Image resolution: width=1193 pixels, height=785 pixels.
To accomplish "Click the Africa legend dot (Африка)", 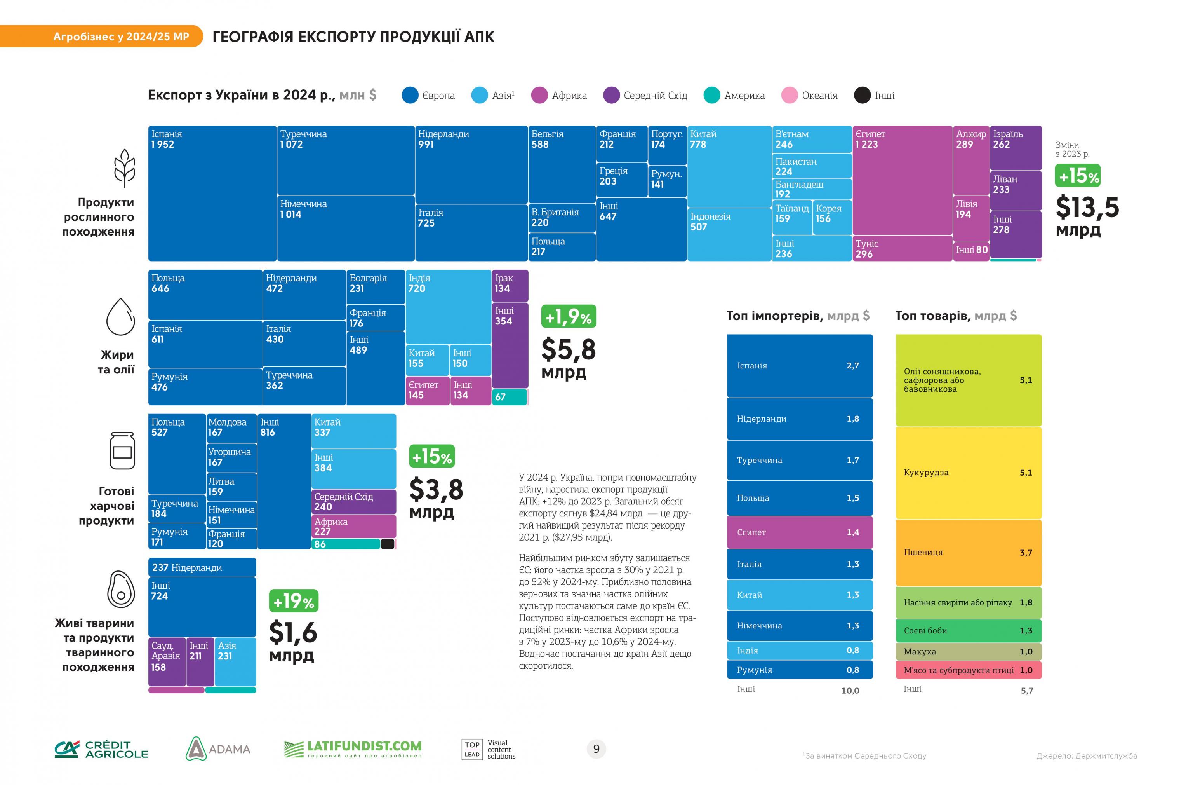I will [x=539, y=95].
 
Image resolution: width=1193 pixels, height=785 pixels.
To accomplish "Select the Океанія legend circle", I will [x=790, y=95].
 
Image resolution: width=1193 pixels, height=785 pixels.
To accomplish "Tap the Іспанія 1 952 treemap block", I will [x=212, y=193].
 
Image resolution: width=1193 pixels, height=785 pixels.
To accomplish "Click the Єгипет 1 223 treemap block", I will [x=902, y=181].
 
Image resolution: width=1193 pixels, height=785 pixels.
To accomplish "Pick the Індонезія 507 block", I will [x=729, y=234].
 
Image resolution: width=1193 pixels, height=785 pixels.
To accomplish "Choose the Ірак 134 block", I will [x=510, y=285].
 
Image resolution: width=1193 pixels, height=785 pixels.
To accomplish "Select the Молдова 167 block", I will [x=231, y=428].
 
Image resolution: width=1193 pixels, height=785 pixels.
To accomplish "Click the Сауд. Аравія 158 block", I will [x=167, y=661].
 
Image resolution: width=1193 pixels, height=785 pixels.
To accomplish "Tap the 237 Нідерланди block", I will [x=202, y=567].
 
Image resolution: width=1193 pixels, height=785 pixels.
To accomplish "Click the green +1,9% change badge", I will [x=569, y=316].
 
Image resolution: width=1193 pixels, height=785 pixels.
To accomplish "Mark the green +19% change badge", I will [x=294, y=600].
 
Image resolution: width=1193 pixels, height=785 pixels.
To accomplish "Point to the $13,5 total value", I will [x=1087, y=207].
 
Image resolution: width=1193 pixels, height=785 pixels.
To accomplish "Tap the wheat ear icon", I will [x=124, y=167].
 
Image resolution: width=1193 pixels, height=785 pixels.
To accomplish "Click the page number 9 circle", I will [x=596, y=749].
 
